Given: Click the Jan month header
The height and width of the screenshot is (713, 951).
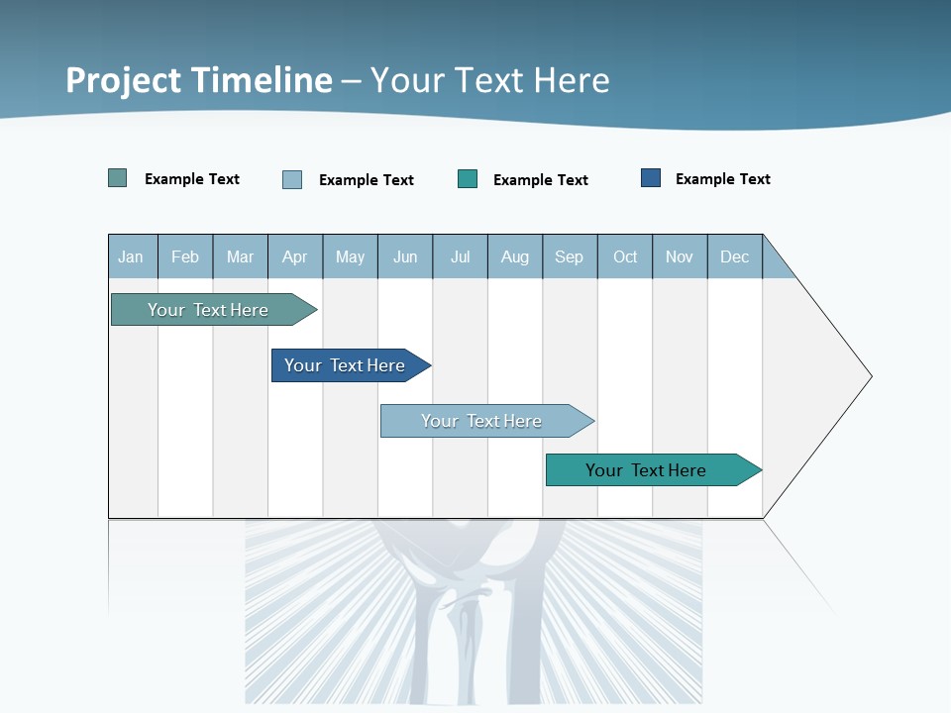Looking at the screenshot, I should tap(132, 256).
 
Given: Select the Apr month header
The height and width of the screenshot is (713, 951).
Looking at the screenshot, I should tap(295, 256).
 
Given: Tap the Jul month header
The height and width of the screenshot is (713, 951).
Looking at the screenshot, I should tap(460, 256).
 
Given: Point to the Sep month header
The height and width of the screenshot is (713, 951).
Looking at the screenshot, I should tap(570, 256).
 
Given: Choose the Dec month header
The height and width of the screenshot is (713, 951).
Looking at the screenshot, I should tap(734, 256).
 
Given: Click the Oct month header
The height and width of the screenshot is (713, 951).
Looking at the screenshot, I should tap(625, 256).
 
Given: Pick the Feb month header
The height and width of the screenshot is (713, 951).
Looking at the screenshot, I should tap(185, 256).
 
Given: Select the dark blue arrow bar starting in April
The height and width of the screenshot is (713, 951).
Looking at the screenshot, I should tap(346, 365).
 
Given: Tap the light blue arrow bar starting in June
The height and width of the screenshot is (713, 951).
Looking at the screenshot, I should tap(482, 421).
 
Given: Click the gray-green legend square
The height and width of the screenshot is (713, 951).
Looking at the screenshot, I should tap(118, 178).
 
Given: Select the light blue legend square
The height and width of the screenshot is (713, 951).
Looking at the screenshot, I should tap(292, 179).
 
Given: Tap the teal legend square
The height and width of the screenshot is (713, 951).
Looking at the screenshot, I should tap(468, 179).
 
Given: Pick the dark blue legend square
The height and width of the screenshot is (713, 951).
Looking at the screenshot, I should tap(651, 178).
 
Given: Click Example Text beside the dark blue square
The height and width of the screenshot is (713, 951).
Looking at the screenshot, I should tap(722, 179).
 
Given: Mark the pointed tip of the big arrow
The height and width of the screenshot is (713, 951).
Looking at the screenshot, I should tap(870, 376).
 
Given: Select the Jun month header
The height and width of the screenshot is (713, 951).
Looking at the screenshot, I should tap(405, 256).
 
